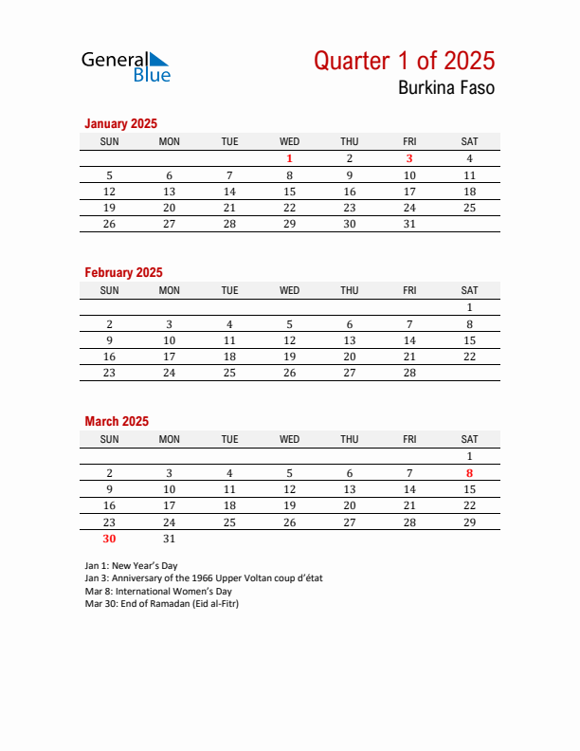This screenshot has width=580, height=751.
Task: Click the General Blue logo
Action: pyautogui.click(x=126, y=65)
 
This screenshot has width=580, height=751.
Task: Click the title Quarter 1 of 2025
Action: pyautogui.click(x=404, y=61)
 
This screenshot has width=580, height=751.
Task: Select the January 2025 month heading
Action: pyautogui.click(x=120, y=123)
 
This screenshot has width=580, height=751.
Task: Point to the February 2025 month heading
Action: pyautogui.click(x=123, y=272)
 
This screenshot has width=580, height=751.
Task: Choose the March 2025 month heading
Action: pyautogui.click(x=117, y=421)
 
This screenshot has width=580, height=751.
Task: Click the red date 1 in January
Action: pyautogui.click(x=290, y=159)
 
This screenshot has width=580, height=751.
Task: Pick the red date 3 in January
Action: pyautogui.click(x=409, y=159)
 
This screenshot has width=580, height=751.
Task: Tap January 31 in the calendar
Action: pyautogui.click(x=409, y=224)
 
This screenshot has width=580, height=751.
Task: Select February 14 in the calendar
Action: pyautogui.click(x=409, y=340)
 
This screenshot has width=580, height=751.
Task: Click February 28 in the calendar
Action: pyautogui.click(x=409, y=373)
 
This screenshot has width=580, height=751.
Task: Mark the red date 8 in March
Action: pyautogui.click(x=469, y=473)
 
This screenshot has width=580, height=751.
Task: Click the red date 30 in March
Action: pyautogui.click(x=109, y=538)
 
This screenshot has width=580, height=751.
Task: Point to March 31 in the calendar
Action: pyautogui.click(x=170, y=538)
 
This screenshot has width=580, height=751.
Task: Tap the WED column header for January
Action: pyautogui.click(x=290, y=141)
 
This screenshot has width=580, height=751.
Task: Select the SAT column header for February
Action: pyautogui.click(x=469, y=290)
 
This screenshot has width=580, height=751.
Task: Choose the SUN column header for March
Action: pyautogui.click(x=109, y=439)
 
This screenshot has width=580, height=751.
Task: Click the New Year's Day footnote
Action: pyautogui.click(x=131, y=565)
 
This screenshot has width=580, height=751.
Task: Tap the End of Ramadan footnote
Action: pyautogui.click(x=161, y=603)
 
